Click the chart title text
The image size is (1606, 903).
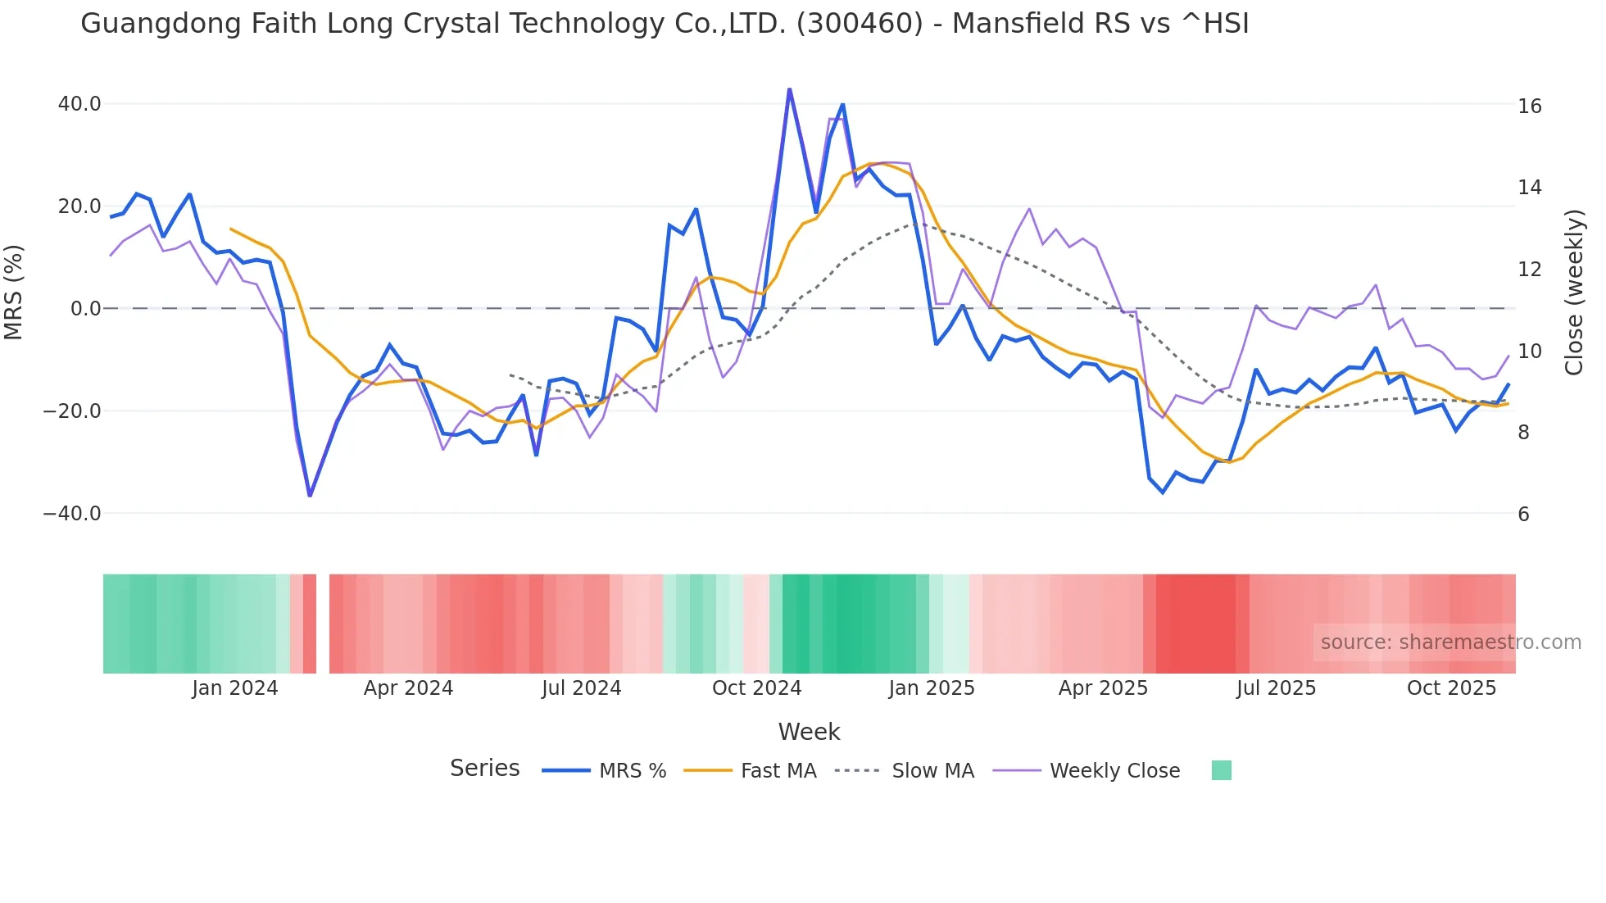pos(665,24)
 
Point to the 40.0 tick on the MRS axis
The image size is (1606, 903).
pos(79,104)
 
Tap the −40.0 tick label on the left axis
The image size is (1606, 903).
pos(72,514)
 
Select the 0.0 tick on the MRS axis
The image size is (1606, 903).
pos(85,309)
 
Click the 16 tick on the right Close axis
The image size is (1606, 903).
pos(1529,107)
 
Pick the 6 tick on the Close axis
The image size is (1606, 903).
pos(1523,515)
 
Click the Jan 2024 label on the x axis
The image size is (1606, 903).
pos(235,688)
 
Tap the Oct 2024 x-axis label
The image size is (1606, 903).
pos(756,688)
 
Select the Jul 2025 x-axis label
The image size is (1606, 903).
pos(1276,688)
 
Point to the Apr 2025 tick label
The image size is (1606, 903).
pos(1103,688)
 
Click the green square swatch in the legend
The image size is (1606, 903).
pos(1221,770)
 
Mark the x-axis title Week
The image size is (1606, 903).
pos(809,732)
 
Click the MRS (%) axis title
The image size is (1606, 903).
pos(14,293)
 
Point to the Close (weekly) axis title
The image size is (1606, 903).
pos(1573,293)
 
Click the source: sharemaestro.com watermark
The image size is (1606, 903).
pos(1450,642)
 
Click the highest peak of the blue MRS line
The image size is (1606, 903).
pos(789,89)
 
